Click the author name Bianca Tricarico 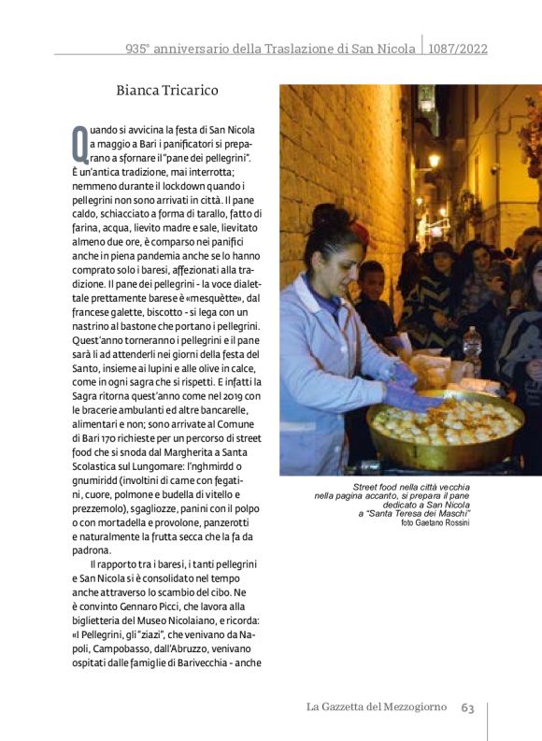tap(167, 91)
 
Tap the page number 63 tap(467, 707)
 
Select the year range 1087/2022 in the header tap(458, 49)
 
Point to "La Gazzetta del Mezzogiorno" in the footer tap(377, 707)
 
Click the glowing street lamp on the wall tap(434, 161)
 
